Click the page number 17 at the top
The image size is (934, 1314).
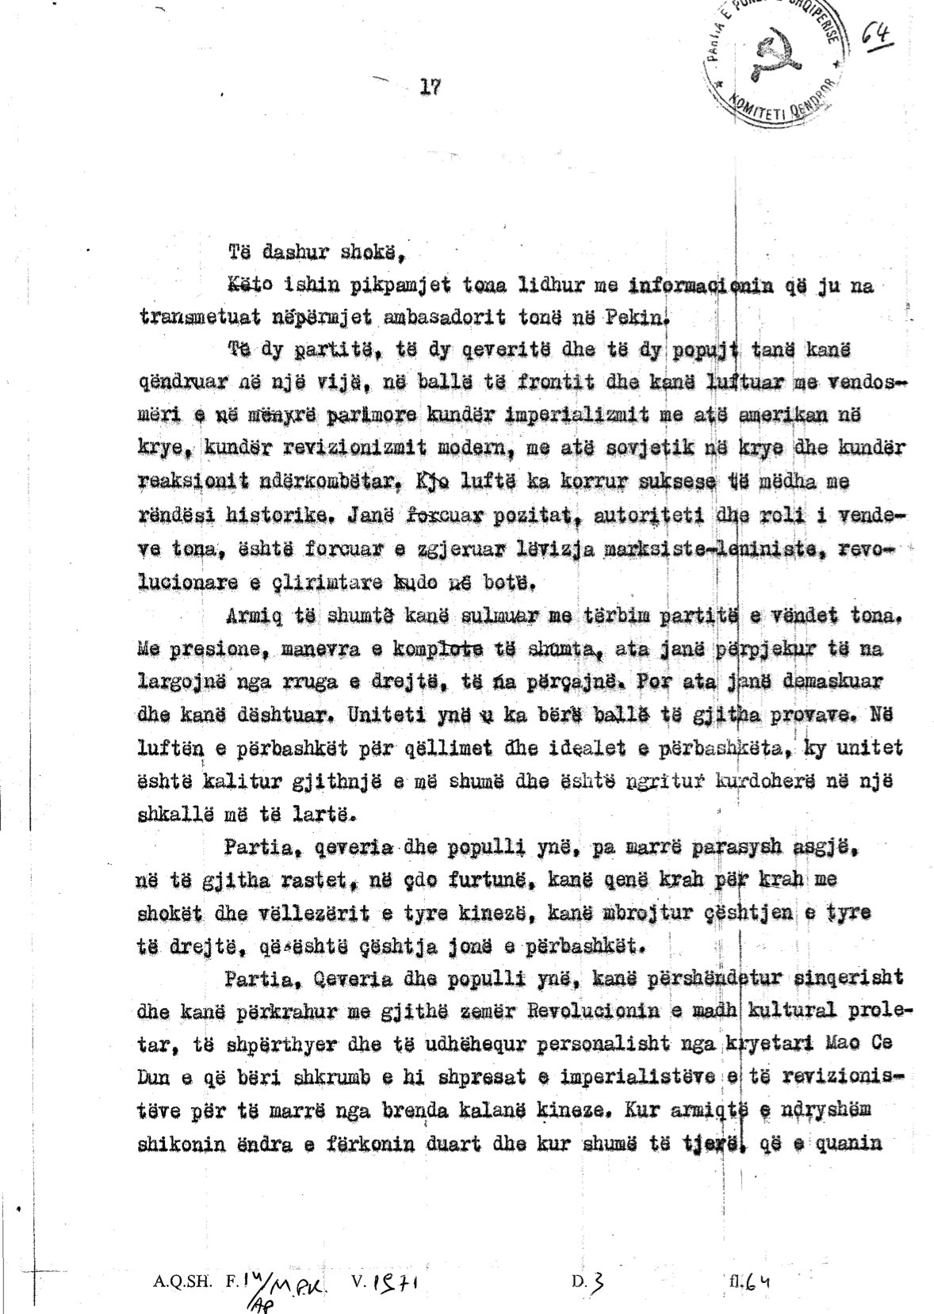click(x=428, y=87)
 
